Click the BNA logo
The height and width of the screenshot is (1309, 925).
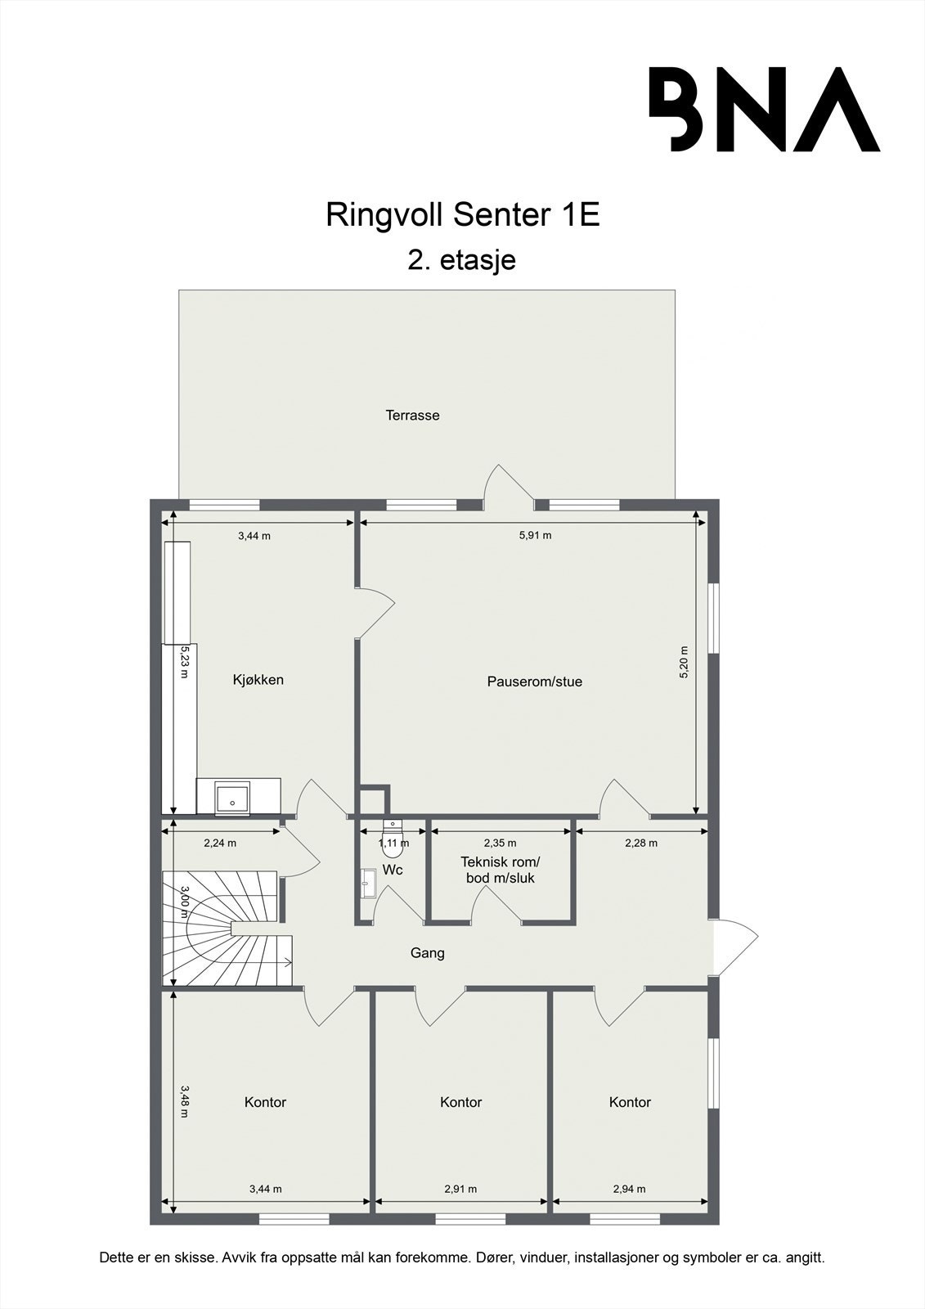tap(764, 109)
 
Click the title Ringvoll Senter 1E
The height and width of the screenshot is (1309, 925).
tap(463, 215)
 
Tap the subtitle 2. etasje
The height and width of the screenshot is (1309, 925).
tap(462, 260)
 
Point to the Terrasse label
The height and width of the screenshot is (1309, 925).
tap(412, 416)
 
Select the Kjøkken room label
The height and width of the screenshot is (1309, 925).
tap(258, 680)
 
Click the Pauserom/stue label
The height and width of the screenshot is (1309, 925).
tap(534, 681)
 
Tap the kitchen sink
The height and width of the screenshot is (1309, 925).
tap(232, 797)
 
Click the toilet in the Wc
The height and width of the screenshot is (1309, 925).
tap(393, 843)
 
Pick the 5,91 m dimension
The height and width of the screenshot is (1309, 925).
tap(535, 536)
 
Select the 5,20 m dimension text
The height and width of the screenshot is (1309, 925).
tap(685, 662)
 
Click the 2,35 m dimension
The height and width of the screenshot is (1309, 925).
tap(500, 843)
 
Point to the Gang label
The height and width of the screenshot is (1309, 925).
tap(427, 953)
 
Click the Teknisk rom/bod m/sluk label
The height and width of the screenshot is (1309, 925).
tap(500, 870)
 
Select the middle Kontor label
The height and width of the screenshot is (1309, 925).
tap(460, 1103)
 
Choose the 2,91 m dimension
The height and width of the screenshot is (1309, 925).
tap(460, 1190)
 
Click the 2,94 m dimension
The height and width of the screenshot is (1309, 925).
tap(629, 1190)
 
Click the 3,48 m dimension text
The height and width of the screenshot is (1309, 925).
tap(185, 1100)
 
